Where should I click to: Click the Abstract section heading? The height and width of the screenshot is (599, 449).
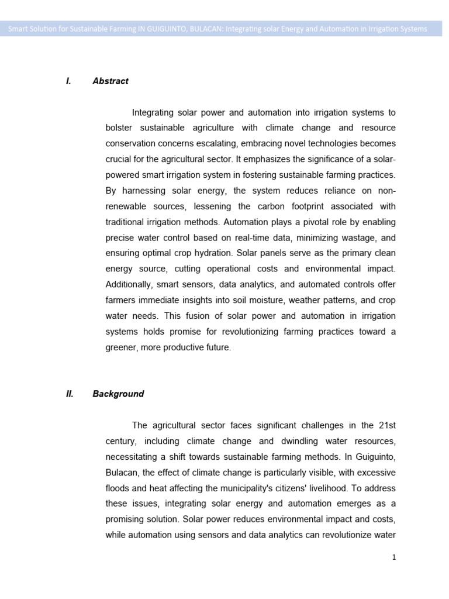pos(110,81)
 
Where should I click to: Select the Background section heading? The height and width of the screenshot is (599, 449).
pos(118,394)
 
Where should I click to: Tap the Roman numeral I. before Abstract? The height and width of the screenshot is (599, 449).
pos(69,81)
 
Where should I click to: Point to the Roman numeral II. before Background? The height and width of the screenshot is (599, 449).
pos(70,394)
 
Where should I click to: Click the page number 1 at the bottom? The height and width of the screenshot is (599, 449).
pos(394,557)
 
